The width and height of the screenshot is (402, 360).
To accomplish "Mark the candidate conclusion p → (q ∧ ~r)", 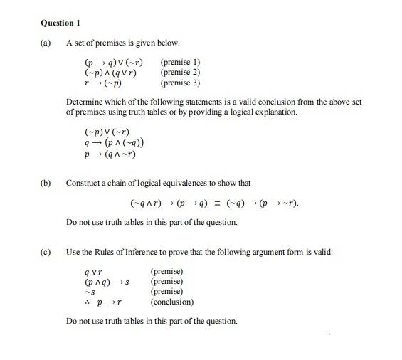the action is click(110, 154).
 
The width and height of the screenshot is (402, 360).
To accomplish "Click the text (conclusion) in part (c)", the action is click(171, 302).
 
